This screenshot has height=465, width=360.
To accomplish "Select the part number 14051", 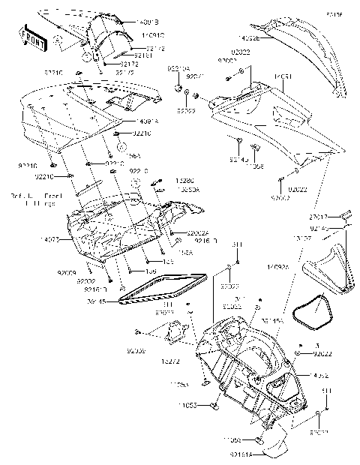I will pyautogui.click(x=282, y=76).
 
